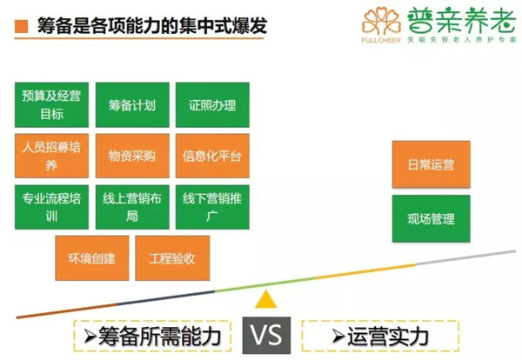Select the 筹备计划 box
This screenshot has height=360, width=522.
point(132,105)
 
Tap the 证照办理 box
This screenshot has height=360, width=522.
point(212,105)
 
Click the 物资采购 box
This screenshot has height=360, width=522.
point(132,156)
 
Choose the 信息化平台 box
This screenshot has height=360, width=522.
point(212,156)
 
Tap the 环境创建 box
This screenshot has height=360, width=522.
point(92,258)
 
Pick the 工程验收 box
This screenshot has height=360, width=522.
point(172,258)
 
